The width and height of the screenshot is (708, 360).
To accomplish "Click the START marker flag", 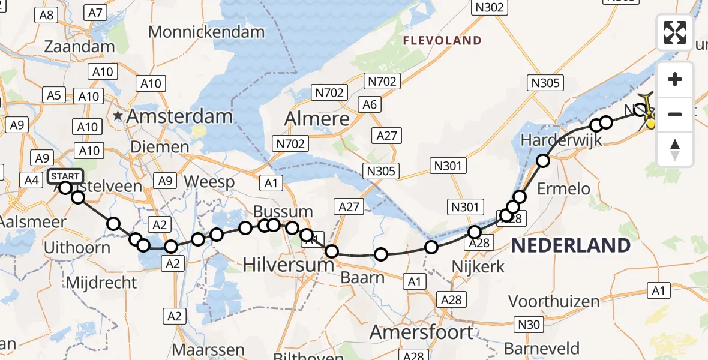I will point(65,176).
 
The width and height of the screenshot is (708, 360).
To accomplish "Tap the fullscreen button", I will point(675,32).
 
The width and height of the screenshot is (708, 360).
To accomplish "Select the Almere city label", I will point(317,118).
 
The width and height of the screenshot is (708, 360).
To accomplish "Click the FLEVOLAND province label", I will point(442,41).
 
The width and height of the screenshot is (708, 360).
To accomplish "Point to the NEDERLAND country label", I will point(571,245).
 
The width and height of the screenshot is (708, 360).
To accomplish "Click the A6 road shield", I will point(370,104).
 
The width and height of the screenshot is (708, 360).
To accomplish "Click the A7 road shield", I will point(96,12).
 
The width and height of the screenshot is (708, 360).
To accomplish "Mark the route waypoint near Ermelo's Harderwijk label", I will point(543,160).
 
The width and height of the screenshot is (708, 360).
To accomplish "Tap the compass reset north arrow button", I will point(675,149).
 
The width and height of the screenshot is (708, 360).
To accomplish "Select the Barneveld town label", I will point(542,349).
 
